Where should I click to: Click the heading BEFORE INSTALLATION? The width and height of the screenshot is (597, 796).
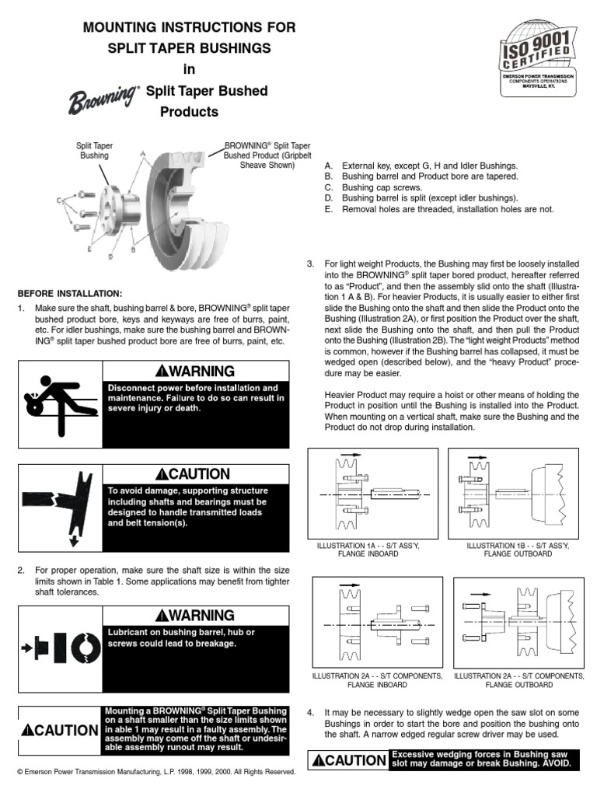coord(70,293)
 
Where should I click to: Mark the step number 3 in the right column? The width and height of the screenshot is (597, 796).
coord(311,265)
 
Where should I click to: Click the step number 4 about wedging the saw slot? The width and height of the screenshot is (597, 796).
coord(311,712)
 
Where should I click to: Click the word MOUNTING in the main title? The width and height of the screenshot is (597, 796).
coord(125,28)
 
